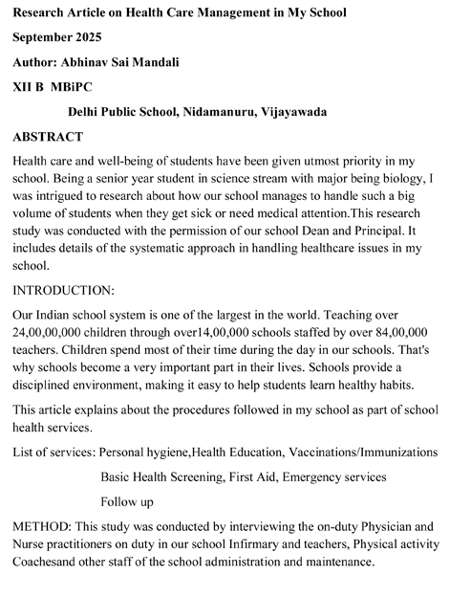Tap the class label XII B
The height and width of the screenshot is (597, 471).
(x=31, y=87)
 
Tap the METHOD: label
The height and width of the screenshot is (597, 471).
(x=45, y=526)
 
